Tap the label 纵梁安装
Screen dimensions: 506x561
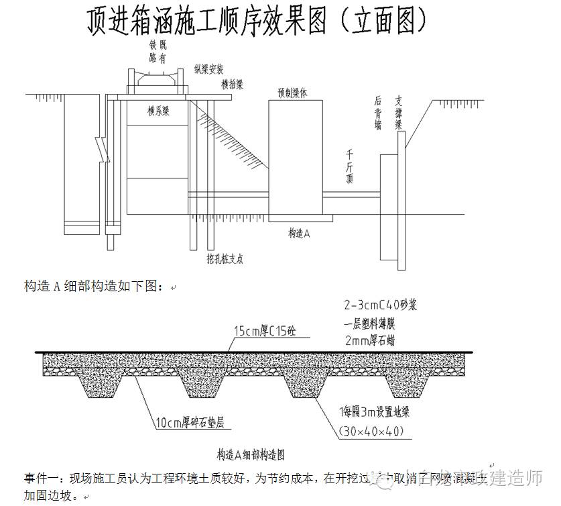click(209, 70)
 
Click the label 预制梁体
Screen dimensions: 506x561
click(292, 93)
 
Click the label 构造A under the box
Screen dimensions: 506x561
click(299, 233)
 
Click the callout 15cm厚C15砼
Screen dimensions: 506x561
click(262, 331)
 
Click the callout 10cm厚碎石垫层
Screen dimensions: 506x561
click(190, 423)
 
